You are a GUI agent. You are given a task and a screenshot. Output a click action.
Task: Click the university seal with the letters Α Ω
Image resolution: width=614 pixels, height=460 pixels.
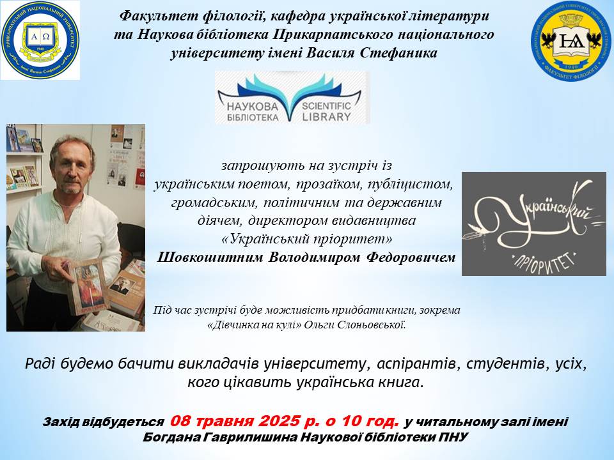(x=40, y=40)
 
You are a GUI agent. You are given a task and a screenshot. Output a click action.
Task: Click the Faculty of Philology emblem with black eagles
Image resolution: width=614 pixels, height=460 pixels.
(x=572, y=41)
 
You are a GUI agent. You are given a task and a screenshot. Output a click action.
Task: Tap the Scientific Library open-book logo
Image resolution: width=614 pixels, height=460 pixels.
(x=292, y=98)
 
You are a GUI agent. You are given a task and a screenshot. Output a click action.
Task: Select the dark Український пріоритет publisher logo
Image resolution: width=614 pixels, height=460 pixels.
(x=533, y=224)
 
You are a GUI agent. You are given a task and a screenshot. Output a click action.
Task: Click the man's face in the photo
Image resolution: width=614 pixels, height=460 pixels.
(x=73, y=166)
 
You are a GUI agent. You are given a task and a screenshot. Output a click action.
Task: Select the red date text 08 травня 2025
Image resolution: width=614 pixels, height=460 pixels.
(x=234, y=421)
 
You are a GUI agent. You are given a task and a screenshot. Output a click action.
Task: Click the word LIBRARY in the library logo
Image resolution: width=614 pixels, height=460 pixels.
(x=327, y=116)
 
